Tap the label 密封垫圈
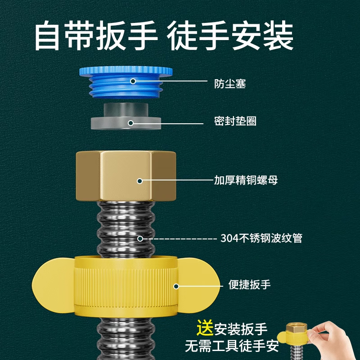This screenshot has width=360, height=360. pos(235,121)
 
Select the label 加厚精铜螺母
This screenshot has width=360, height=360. pos(246,180)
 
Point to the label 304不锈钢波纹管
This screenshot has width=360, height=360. pos(261,238)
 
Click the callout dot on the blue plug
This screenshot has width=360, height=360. pos(133,81)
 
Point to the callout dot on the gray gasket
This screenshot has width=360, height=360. pos(130,122)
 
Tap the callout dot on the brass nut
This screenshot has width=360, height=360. pos(139,181)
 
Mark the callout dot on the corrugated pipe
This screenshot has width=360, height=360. pos(140,238)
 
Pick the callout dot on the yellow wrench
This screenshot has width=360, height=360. pos(176,286)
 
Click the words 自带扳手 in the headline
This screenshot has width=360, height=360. pos(96,36)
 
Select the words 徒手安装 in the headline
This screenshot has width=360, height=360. pos(231,36)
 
